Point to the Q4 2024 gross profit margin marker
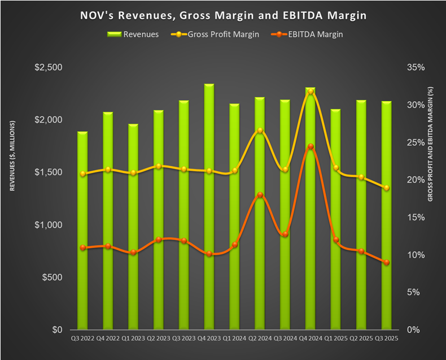point(311,91)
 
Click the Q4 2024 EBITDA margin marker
point(311,146)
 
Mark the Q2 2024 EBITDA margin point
point(260,195)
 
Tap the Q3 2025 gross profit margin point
point(386,188)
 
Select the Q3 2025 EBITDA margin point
point(386,262)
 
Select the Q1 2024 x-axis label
point(234,339)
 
